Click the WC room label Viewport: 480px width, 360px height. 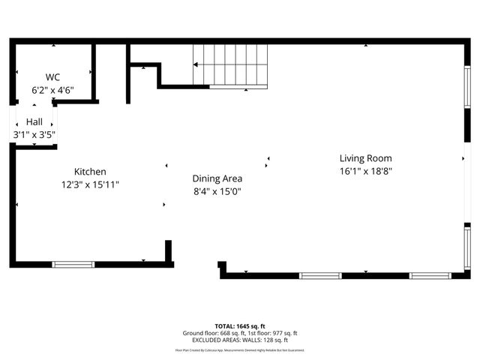52,77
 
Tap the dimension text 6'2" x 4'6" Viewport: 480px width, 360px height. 52,90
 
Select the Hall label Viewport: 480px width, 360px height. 34,121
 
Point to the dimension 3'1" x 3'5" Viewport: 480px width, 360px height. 34,135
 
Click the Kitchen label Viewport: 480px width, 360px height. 90,172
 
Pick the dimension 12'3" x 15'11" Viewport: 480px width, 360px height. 90,184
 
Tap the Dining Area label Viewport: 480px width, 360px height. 217,178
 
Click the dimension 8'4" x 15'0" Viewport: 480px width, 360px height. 217,191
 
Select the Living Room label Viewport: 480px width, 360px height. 366,158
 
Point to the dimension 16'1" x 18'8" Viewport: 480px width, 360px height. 366,171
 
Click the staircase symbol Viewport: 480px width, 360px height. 230,65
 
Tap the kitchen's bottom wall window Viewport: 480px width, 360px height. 73,264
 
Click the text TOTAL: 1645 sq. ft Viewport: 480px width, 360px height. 240,326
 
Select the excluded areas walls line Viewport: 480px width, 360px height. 240,340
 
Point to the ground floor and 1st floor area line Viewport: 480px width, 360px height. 240,333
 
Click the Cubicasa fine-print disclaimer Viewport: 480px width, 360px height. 240,349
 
